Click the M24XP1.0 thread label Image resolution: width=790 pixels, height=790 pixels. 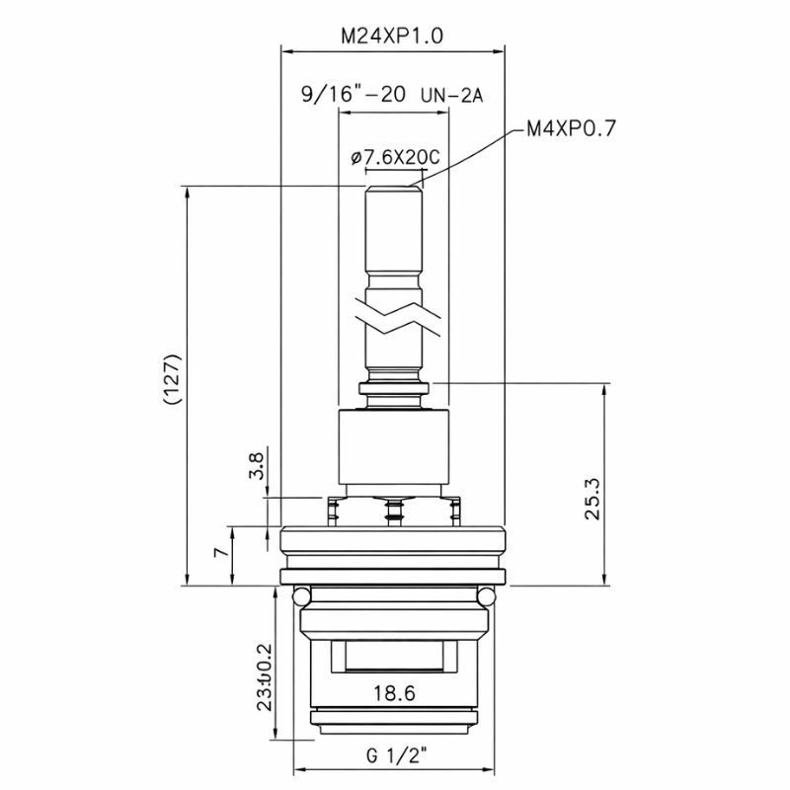click(x=392, y=36)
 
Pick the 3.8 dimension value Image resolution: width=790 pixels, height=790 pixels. click(x=257, y=464)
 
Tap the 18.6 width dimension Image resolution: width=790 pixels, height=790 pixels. click(x=393, y=693)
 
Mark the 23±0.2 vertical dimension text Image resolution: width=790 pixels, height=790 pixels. click(x=263, y=678)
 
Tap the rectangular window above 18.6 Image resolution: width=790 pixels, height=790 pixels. click(x=394, y=658)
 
